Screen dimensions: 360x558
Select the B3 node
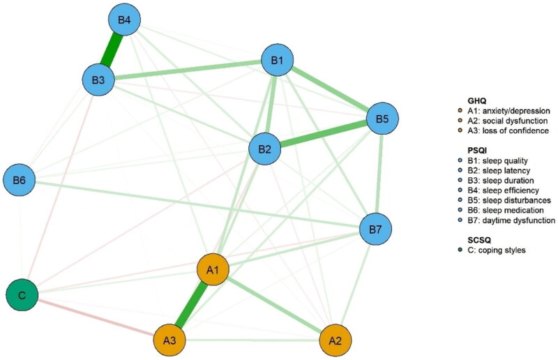click(99, 80)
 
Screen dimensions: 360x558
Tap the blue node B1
click(277, 61)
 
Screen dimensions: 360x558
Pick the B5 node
click(382, 119)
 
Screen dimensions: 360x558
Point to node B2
click(265, 149)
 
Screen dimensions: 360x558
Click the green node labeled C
click(22, 295)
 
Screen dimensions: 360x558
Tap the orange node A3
click(169, 341)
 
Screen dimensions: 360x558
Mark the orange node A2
click(335, 341)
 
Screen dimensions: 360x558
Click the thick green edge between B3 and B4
click(112, 50)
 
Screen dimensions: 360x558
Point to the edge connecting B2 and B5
click(324, 134)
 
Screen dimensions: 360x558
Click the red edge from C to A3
click(96, 318)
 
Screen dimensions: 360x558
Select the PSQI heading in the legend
click(465, 149)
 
